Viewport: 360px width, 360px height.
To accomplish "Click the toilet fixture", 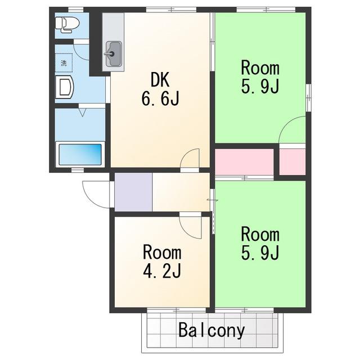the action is coord(67,24).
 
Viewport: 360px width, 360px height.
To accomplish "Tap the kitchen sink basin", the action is coord(114,54).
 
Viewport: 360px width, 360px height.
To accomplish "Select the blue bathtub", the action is coord(80,154).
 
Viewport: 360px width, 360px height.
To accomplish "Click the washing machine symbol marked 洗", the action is coord(64,62).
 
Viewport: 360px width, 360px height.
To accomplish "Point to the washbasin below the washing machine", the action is coord(65,87).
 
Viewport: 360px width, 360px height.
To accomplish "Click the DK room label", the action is coord(160,79).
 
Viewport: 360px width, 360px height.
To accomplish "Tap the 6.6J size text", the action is coord(160,98).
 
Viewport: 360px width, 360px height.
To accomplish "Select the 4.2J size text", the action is coord(162,271).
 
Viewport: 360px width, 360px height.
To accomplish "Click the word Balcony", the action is coord(211,330).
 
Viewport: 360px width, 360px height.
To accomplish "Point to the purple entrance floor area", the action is coord(133,192).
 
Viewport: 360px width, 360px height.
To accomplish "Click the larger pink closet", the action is coord(244,162).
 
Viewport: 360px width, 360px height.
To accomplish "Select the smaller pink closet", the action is coord(292,162).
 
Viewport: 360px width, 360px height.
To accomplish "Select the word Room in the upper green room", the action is coord(260,68).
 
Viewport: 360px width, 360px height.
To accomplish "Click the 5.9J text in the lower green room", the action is coord(260,253).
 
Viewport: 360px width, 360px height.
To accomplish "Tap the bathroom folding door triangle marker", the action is coord(83,112).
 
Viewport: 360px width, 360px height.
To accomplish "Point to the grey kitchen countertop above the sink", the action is coord(113,27).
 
